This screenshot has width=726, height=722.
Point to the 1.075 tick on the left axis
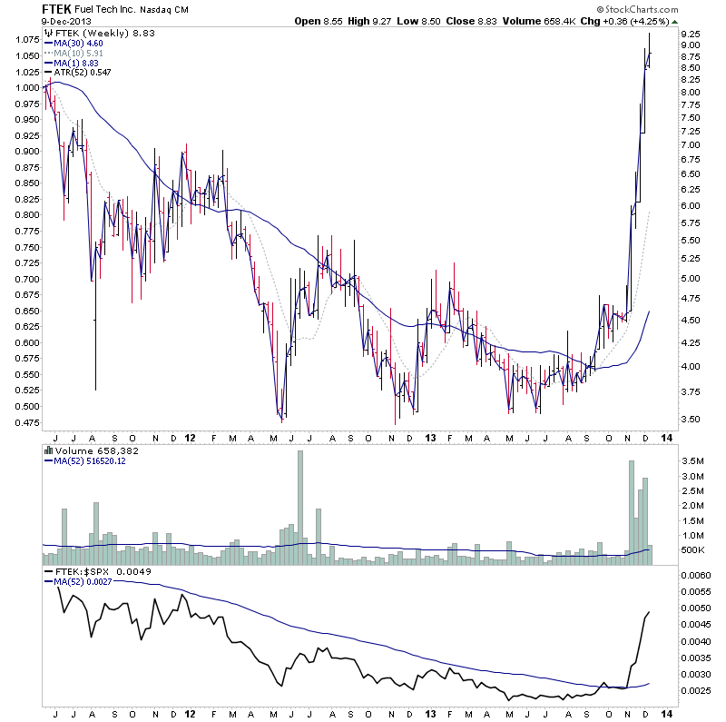[x=24, y=40]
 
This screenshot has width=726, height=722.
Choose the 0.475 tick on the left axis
[x=24, y=422]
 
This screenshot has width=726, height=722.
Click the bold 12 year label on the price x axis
[x=190, y=437]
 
